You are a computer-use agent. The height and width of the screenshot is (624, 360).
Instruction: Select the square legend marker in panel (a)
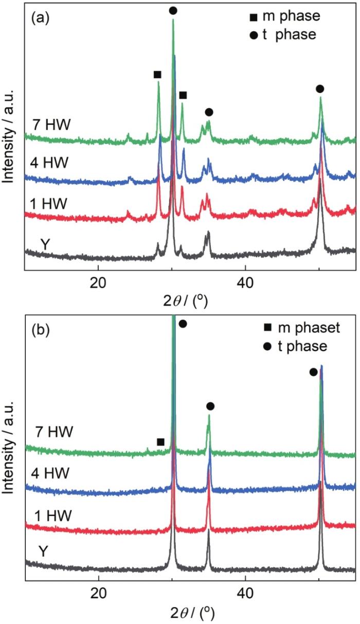(253, 17)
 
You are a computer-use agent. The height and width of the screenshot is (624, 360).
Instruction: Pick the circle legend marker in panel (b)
(253, 346)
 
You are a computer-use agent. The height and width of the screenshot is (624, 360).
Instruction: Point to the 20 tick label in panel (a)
(98, 283)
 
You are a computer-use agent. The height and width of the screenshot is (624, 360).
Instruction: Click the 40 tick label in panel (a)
(245, 283)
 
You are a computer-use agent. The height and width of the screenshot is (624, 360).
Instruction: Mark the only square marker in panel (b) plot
(160, 442)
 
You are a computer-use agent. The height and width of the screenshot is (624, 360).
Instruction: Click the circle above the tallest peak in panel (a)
(173, 10)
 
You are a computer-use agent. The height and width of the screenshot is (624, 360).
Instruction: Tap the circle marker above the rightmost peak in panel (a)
(320, 89)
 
